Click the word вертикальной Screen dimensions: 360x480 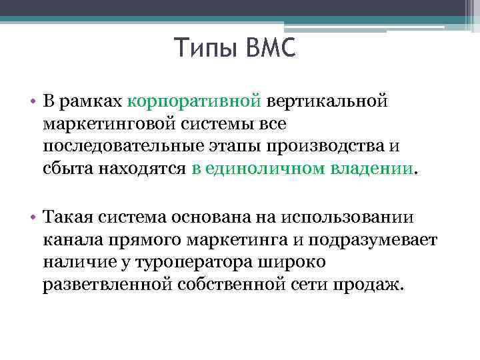click(327, 101)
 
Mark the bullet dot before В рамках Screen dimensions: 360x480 click(32, 102)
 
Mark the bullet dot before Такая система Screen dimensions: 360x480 click(32, 217)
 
